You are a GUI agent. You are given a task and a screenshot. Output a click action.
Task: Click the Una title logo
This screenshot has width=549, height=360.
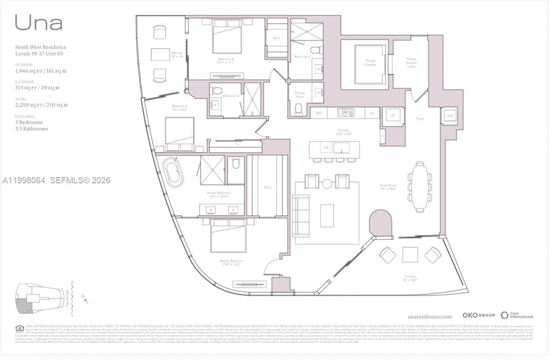[39, 22]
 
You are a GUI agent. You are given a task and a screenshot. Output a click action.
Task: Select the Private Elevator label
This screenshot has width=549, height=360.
[371, 62]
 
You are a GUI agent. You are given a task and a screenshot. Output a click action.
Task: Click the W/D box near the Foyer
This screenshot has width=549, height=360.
[450, 115]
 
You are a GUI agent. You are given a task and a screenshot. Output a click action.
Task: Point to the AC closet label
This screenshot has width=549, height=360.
[392, 115]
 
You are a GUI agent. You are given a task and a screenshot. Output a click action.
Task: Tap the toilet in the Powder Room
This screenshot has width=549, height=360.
[299, 109]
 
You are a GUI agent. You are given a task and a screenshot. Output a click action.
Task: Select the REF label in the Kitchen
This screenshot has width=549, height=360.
[319, 113]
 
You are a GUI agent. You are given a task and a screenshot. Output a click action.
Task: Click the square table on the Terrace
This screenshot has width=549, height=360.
[410, 255]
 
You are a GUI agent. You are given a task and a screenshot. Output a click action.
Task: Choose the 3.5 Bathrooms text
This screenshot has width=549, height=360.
[32, 129]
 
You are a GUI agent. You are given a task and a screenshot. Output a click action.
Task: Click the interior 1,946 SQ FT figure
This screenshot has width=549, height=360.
[41, 71]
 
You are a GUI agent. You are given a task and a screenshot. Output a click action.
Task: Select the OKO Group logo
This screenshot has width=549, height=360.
[479, 316]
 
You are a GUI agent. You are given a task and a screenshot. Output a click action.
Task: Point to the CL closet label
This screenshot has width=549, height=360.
[238, 145]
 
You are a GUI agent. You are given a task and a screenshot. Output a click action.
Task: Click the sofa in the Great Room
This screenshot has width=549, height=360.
[301, 215]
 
